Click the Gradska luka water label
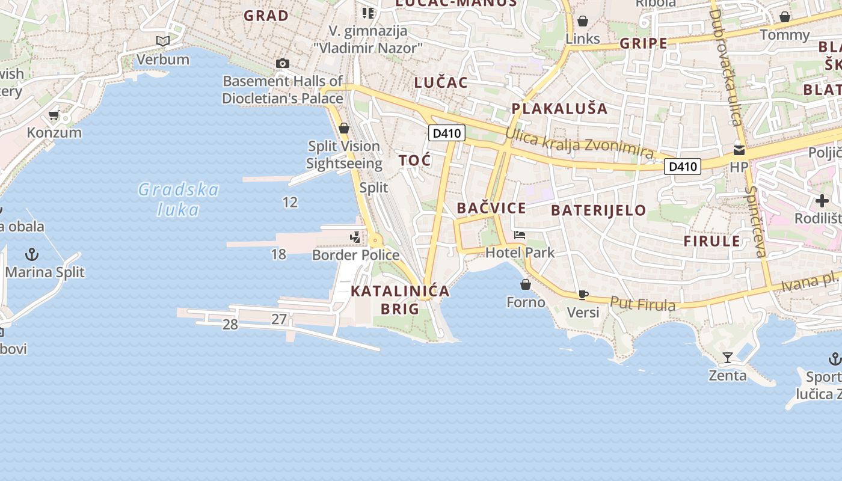pos(178,200)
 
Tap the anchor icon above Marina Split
pos(31,254)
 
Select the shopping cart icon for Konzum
pos(54,115)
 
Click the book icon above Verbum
pos(162,41)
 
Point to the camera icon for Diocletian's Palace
pos(282,63)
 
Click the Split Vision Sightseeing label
pos(343,155)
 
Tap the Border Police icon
pos(355,238)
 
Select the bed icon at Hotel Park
pos(520,235)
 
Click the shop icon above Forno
pos(526,284)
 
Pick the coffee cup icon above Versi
pos(583,295)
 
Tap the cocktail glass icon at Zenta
pos(728,358)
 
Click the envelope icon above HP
pos(739,150)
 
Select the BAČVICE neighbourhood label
pos(491,209)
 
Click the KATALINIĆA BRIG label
pos(400,299)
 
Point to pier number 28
pos(230,325)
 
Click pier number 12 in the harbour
pos(290,202)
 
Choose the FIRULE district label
pos(711,241)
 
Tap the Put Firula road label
pos(643,304)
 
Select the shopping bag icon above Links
pos(583,22)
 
